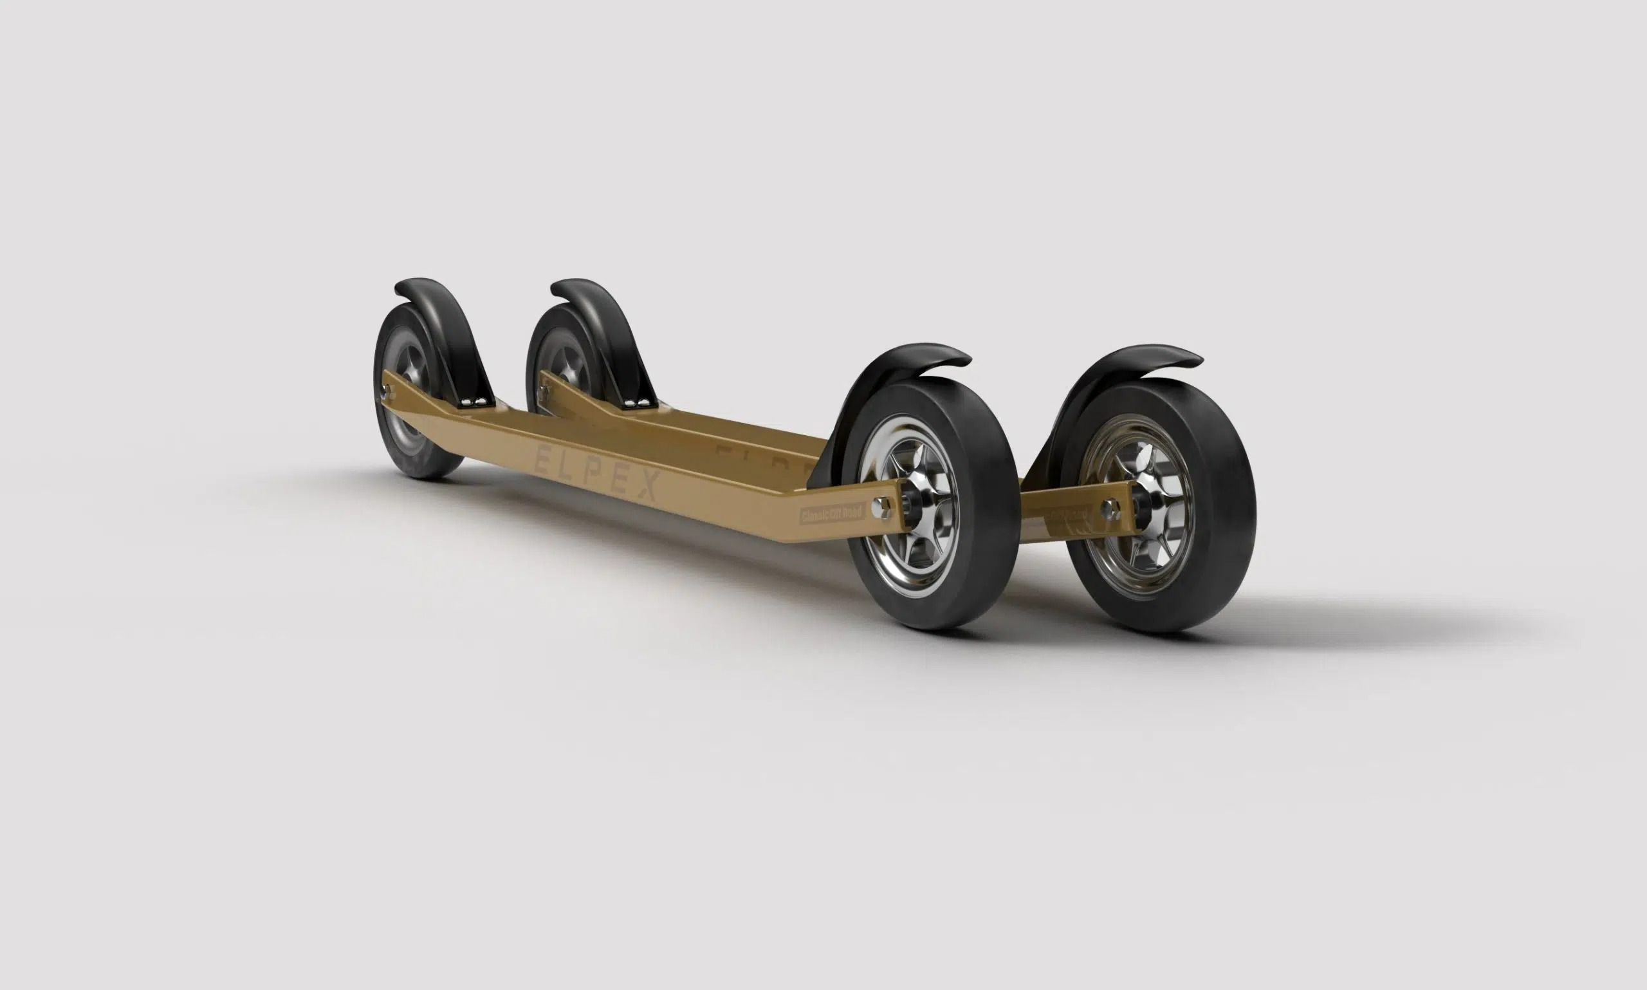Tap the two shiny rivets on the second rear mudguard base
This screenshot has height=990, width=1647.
pos(635,402)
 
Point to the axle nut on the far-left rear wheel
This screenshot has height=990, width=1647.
pos(385,388)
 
